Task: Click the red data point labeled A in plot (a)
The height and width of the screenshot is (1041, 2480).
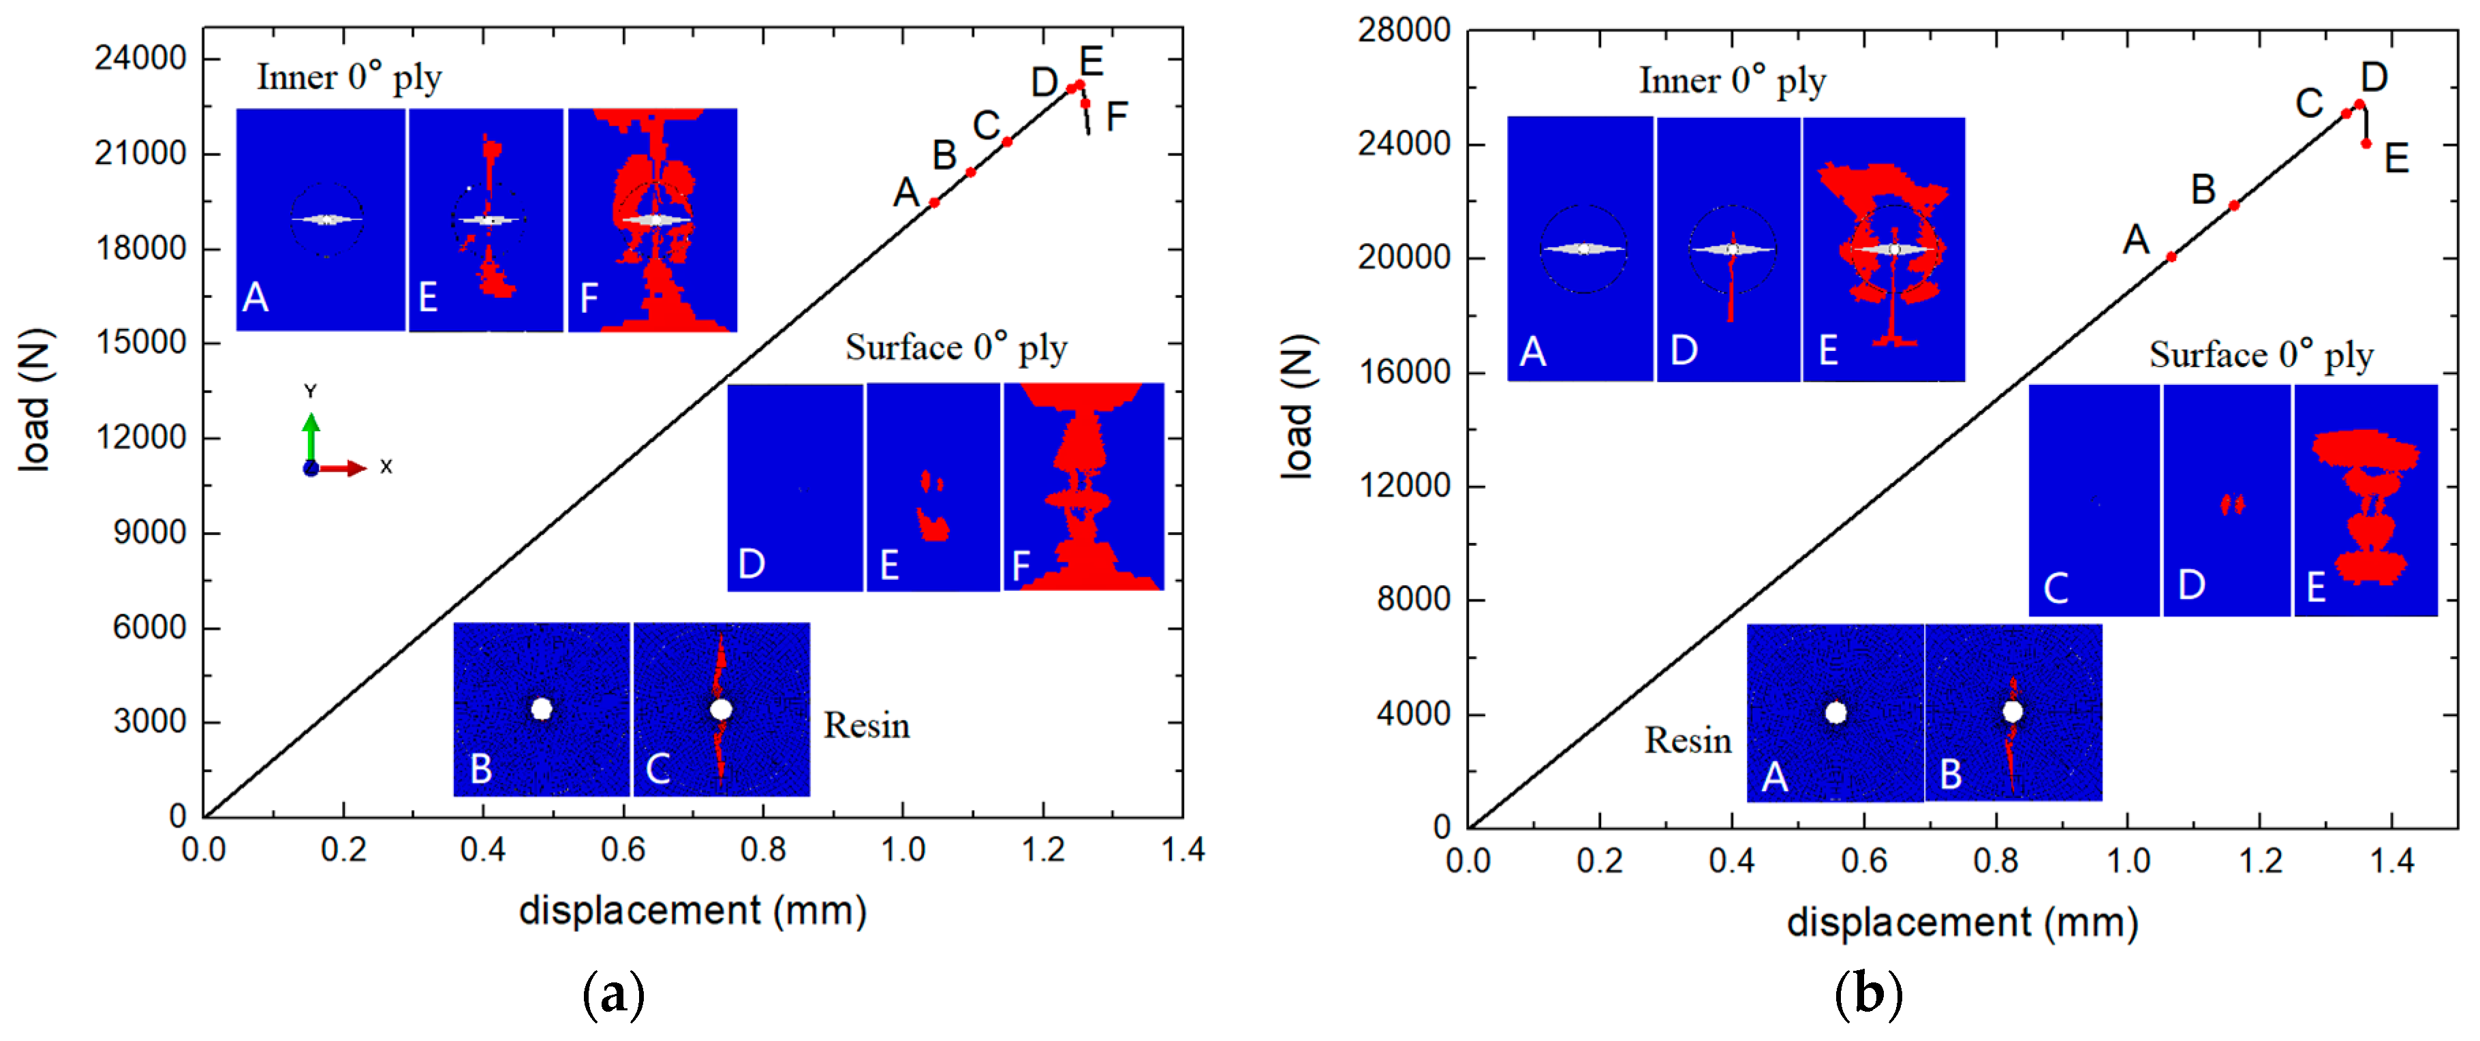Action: pos(934,202)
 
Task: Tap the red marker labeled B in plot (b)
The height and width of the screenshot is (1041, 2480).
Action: pos(2233,205)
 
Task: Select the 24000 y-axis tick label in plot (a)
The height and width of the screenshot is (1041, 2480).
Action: pos(140,58)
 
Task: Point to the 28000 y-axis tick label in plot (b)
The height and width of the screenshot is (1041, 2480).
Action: pos(1404,30)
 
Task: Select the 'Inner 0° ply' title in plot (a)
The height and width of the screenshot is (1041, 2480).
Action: pos(349,78)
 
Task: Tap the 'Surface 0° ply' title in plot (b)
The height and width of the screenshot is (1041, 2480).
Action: pos(2261,356)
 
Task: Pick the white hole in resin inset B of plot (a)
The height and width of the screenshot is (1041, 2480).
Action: pos(541,709)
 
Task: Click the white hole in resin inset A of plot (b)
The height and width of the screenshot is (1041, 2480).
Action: pos(1835,712)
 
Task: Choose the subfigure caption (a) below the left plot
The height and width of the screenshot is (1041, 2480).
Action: pos(613,994)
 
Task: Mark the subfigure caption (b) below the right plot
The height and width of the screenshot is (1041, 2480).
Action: pos(1867,994)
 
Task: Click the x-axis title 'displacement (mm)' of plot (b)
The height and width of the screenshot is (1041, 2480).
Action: pos(1962,922)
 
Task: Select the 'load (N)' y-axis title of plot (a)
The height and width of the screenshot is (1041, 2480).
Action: pos(35,401)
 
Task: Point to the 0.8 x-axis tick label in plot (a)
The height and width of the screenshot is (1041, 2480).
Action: pos(762,850)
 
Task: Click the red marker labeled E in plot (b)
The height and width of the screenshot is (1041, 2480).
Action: pos(2366,144)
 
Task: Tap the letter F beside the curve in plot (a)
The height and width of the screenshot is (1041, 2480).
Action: pos(1116,117)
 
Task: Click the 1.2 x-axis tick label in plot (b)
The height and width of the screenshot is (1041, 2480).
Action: pos(2259,859)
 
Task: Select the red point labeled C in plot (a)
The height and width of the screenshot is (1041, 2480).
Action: pos(1007,142)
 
